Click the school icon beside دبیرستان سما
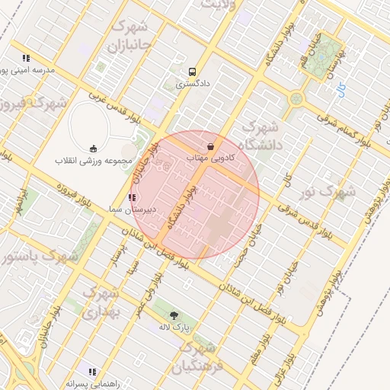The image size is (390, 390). tap(133, 197)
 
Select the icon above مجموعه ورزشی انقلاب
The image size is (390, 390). tap(94, 149)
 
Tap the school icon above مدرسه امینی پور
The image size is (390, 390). tap(26, 57)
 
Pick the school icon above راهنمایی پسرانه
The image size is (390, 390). tap(92, 372)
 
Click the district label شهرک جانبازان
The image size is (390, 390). tap(135, 37)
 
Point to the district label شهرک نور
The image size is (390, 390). tap(329, 191)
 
